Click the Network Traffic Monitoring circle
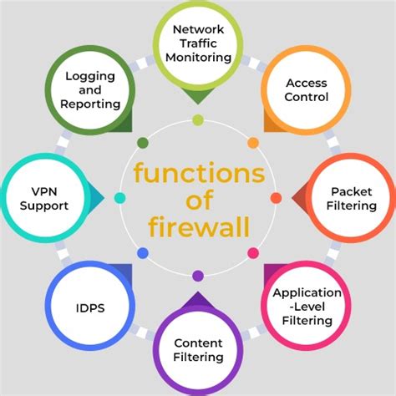click(x=198, y=43)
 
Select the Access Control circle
click(x=306, y=89)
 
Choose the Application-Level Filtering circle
click(x=307, y=306)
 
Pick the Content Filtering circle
click(x=198, y=350)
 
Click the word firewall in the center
click(x=198, y=226)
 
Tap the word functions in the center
click(x=198, y=173)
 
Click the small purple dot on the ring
click(x=198, y=276)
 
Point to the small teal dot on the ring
click(x=120, y=198)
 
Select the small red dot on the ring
click(x=276, y=198)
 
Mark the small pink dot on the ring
click(x=253, y=253)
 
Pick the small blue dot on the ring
click(x=143, y=253)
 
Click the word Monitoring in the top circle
click(x=198, y=58)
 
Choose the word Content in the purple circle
click(x=198, y=343)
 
